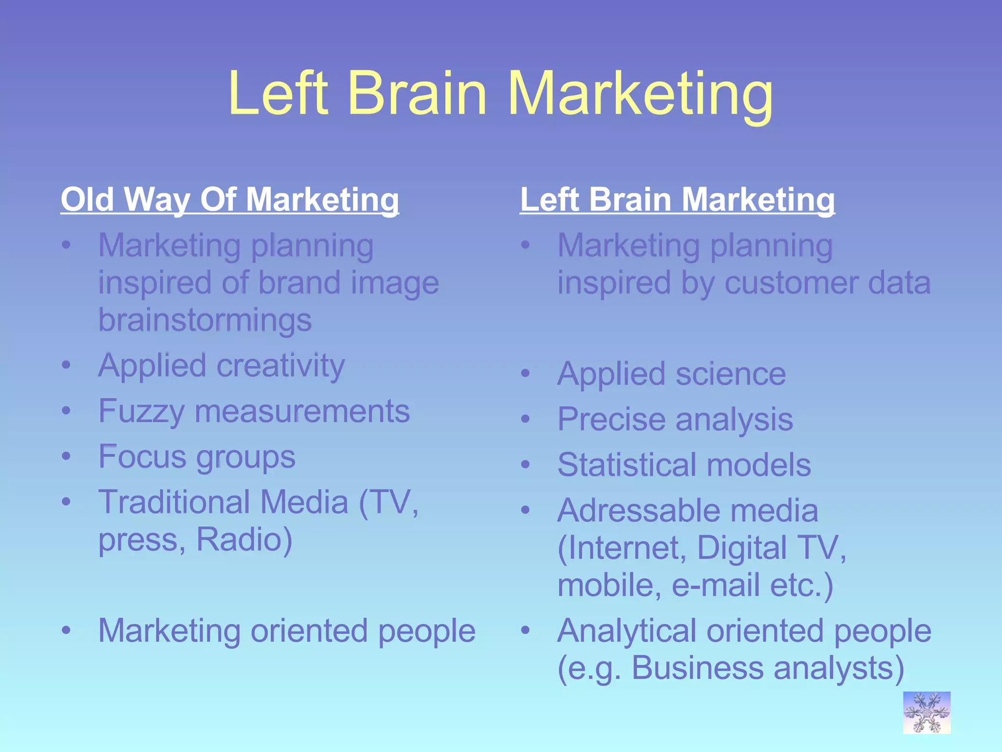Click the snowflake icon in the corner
click(927, 712)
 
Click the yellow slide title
click(501, 94)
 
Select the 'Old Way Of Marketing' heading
click(230, 200)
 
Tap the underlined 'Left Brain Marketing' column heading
click(677, 200)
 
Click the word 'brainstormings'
click(205, 320)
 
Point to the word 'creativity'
click(280, 366)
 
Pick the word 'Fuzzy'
click(141, 412)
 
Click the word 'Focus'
click(140, 457)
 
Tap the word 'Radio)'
click(244, 540)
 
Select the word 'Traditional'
click(174, 502)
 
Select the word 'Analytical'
click(626, 631)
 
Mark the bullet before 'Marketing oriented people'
click(67, 631)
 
